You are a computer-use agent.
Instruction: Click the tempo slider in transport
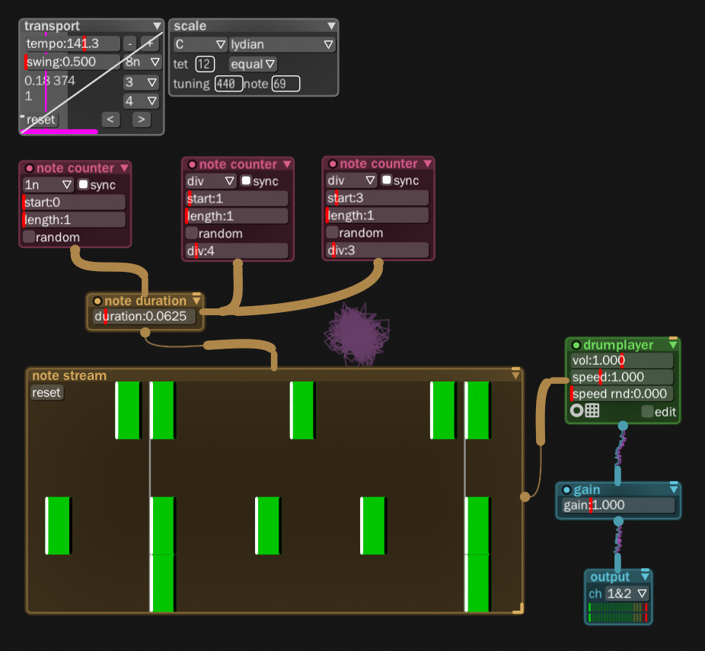pos(72,43)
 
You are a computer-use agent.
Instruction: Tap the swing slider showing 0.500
pos(72,62)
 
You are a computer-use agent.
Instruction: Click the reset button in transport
pos(40,120)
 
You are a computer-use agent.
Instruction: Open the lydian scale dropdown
pos(282,45)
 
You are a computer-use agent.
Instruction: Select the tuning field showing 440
pos(228,84)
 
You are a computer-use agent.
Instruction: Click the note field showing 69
pos(286,84)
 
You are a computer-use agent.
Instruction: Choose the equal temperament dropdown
pos(253,65)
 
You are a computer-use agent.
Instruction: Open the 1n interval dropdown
pos(47,185)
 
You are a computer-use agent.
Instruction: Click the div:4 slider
pos(237,251)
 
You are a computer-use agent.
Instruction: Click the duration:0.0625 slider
pos(144,317)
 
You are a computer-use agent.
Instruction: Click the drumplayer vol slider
pos(621,360)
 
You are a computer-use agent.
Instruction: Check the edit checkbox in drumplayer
pos(647,412)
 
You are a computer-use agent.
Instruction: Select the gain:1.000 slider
pos(617,506)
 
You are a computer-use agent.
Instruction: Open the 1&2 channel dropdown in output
pos(627,594)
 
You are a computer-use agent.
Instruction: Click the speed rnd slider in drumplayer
pos(621,394)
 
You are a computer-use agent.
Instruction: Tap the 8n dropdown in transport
pos(142,62)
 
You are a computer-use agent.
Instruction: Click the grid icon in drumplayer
pos(592,411)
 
